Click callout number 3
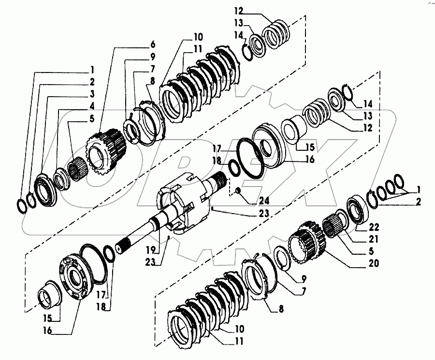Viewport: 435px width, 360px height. click(92, 93)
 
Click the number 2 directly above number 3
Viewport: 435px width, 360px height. click(92, 81)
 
